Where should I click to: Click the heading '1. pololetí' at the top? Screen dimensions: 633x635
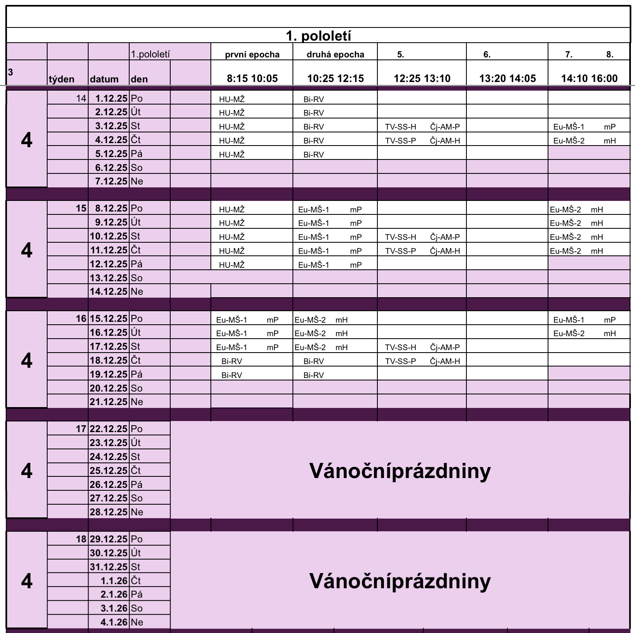(318, 36)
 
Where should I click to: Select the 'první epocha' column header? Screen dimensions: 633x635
(252, 55)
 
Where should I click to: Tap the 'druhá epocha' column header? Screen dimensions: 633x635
(335, 55)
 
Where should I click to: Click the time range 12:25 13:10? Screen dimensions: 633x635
(422, 78)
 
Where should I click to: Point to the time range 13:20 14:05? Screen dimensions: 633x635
(507, 78)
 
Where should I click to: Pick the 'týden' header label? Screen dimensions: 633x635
(62, 79)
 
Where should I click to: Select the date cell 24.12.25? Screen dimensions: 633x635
(109, 457)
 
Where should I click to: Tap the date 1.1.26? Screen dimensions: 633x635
(114, 581)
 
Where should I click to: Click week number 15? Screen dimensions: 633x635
(81, 208)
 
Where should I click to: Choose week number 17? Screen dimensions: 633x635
(81, 429)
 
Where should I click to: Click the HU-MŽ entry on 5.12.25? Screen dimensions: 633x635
(232, 154)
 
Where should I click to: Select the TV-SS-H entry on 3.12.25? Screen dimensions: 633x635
(400, 127)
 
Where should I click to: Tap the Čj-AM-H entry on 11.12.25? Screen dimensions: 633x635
(445, 251)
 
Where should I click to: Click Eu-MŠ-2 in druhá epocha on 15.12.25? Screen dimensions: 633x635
(310, 320)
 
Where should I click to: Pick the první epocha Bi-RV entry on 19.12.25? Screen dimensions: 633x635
(232, 375)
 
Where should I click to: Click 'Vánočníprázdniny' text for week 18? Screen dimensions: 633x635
(400, 581)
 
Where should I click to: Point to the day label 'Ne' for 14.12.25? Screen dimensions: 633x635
(137, 291)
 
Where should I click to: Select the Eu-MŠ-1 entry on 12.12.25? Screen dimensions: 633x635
(313, 265)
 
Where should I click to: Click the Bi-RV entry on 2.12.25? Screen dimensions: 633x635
(314, 113)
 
